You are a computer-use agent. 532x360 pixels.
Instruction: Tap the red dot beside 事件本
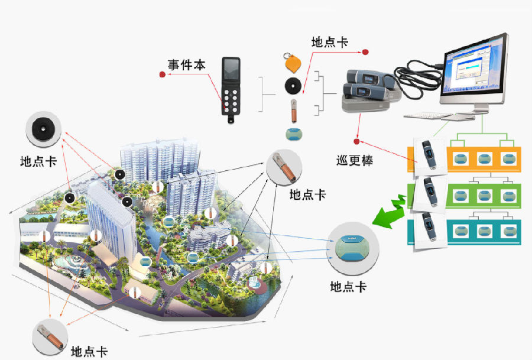(x=162, y=74)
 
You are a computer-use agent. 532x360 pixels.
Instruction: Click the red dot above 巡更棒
(x=356, y=141)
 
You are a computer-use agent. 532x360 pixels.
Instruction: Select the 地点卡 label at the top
(x=329, y=43)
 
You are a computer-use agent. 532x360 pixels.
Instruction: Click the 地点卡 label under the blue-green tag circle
(x=348, y=287)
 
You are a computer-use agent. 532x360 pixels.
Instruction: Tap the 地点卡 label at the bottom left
(x=89, y=351)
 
